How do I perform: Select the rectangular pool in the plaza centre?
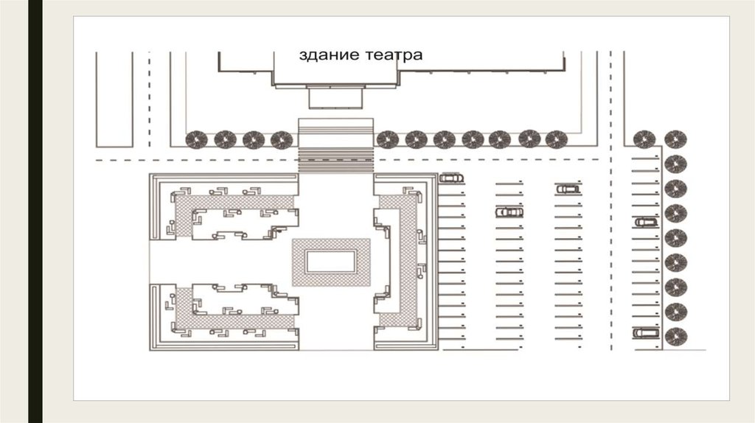point(331,262)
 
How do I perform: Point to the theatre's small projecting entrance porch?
point(335,98)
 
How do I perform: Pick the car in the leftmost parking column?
point(451,178)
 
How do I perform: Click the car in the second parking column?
point(509,212)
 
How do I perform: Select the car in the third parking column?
point(568,189)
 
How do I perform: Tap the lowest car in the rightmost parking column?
point(646,332)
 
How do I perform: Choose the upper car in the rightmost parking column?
point(646,223)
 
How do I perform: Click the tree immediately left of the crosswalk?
point(282,140)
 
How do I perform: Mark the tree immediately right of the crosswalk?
point(387,139)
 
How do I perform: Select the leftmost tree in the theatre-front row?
point(196,140)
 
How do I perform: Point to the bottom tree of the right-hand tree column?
point(675,336)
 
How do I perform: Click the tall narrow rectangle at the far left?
point(114,99)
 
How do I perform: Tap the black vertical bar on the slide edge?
point(35,212)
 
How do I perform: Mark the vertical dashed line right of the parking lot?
point(611,200)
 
